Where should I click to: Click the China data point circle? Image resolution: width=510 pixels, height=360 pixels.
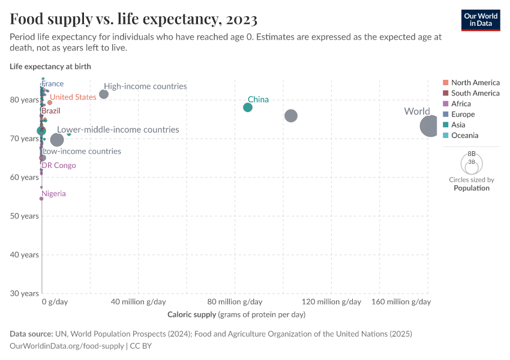[x=248, y=107]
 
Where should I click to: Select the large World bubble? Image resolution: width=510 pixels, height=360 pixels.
[x=430, y=126]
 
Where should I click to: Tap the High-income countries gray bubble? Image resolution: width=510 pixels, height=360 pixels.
[x=104, y=94]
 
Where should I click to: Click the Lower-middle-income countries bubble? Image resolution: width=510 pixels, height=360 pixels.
[x=57, y=140]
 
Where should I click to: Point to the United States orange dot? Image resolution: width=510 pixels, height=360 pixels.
[x=50, y=103]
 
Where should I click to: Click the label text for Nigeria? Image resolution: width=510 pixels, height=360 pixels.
[x=53, y=194]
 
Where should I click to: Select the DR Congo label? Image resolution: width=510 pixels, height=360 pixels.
[x=58, y=165]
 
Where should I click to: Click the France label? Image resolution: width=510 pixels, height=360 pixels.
[x=52, y=84]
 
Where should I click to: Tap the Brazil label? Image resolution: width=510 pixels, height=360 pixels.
[x=50, y=111]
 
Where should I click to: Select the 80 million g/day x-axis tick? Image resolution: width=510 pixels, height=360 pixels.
[x=235, y=302]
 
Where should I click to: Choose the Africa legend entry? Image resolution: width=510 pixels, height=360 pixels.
[x=461, y=104]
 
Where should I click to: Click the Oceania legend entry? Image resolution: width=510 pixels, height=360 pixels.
[x=464, y=136]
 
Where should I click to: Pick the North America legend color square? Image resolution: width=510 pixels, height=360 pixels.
[x=446, y=83]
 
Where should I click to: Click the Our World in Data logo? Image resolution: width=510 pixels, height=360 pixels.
[x=481, y=19]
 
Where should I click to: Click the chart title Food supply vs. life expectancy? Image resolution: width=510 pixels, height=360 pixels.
[x=134, y=19]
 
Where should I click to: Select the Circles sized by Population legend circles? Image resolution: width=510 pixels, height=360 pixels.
[x=472, y=163]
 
